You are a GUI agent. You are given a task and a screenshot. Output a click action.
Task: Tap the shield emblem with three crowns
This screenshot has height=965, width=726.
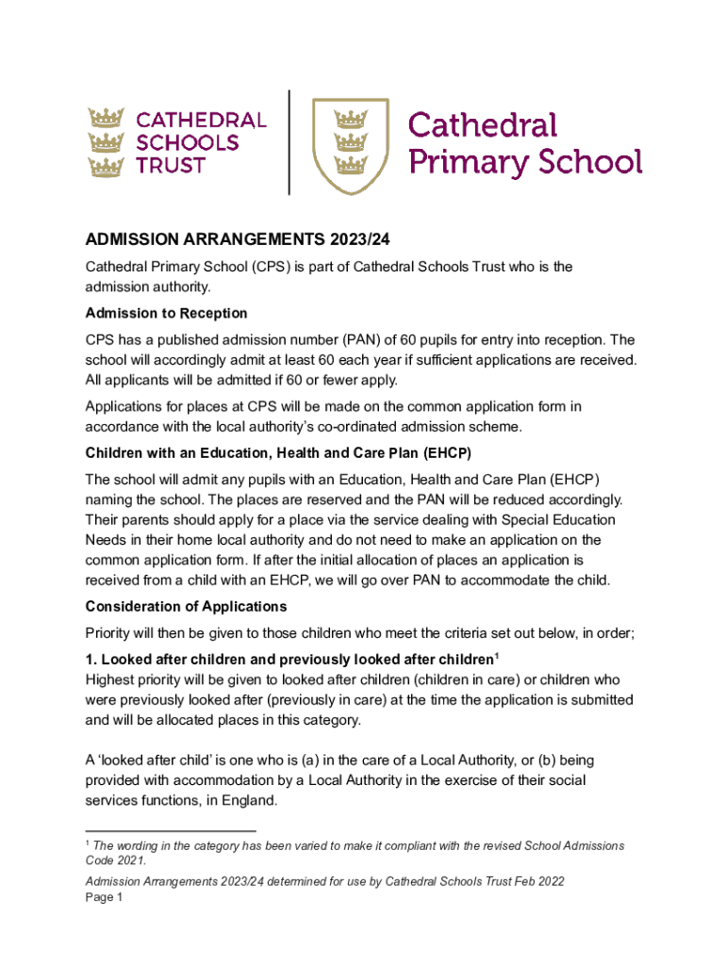[351, 143]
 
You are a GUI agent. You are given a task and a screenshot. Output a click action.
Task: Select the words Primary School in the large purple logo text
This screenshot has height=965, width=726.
[524, 161]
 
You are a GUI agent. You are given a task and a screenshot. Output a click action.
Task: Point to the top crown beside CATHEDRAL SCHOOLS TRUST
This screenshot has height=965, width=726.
[107, 119]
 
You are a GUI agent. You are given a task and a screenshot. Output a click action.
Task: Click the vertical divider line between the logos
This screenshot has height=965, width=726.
[289, 142]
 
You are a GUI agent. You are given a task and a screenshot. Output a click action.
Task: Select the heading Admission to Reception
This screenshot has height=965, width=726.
[166, 313]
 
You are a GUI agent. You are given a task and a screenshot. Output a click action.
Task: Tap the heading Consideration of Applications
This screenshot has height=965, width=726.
[186, 606]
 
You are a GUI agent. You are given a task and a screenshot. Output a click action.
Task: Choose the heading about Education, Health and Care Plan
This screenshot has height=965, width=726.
[278, 453]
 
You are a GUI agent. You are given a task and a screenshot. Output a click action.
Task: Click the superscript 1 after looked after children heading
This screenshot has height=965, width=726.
[497, 653]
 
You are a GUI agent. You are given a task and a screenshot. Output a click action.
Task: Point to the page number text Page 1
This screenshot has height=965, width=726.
[104, 897]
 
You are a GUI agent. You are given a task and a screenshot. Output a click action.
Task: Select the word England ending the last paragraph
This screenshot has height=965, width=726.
[250, 800]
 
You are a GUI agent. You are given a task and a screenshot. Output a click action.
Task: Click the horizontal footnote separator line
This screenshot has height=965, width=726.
[170, 831]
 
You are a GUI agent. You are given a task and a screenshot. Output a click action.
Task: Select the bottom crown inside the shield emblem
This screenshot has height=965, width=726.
[351, 167]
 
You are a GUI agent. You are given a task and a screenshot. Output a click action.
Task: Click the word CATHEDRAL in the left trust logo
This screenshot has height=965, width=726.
[202, 121]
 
